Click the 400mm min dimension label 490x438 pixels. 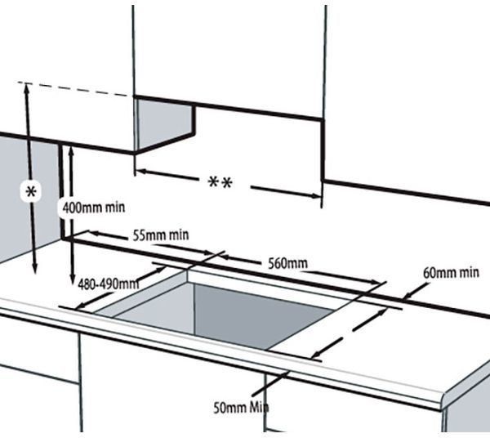(94, 208)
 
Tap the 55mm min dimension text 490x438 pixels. (161, 235)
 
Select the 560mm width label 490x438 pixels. (287, 264)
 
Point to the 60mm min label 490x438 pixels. (451, 273)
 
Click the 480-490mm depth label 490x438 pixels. (108, 284)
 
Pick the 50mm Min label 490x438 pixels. (241, 408)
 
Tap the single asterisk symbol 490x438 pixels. (31, 192)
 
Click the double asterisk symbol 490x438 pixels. (220, 182)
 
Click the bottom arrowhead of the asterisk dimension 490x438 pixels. (34, 268)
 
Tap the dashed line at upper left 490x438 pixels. (73, 89)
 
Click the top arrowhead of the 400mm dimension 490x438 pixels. (71, 151)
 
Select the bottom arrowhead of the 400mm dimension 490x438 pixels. (73, 278)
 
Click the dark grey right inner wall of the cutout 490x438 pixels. (262, 315)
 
